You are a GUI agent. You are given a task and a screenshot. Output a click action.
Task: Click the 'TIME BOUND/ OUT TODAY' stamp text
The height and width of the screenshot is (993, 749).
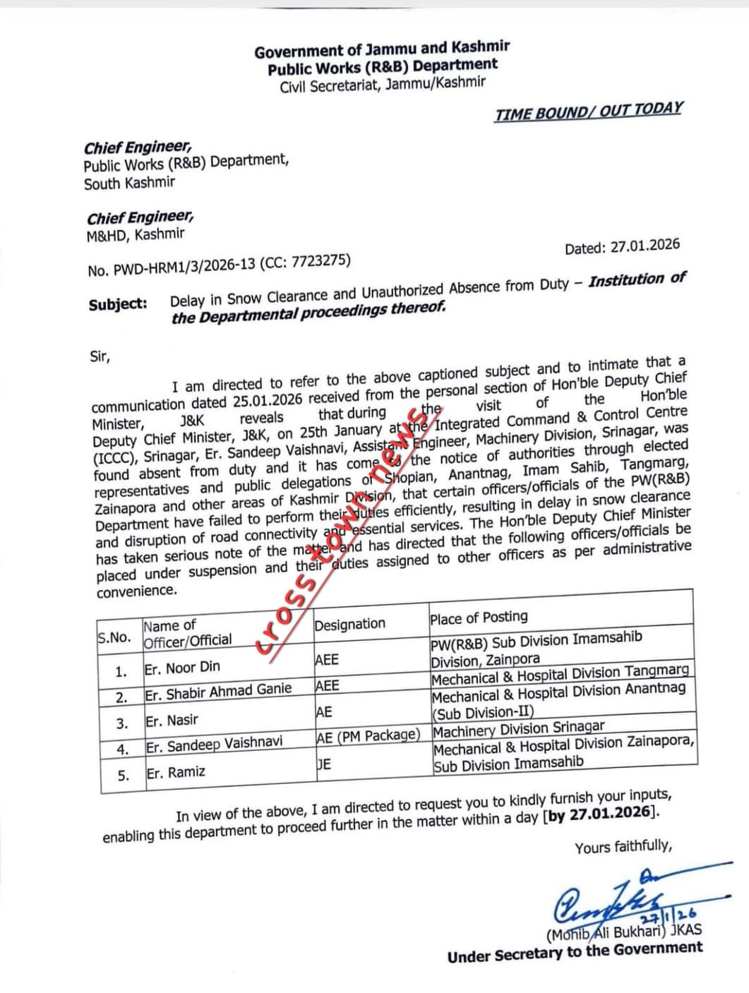(x=589, y=111)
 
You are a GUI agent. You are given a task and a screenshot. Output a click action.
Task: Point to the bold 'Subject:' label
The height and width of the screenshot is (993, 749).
(x=118, y=304)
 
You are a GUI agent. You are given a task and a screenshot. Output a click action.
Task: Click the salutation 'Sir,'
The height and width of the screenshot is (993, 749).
(x=100, y=356)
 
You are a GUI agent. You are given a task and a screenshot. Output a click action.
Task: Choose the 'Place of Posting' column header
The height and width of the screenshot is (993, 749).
(x=479, y=617)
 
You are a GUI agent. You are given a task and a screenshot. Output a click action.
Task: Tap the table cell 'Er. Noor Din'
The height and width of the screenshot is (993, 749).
(x=182, y=667)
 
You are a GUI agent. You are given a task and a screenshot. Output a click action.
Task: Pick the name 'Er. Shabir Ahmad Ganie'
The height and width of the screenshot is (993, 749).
(x=218, y=692)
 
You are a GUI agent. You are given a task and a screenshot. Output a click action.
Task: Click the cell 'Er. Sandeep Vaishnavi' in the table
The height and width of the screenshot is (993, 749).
(x=214, y=744)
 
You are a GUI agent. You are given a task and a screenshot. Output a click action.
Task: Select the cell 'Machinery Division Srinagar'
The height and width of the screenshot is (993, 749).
(x=519, y=728)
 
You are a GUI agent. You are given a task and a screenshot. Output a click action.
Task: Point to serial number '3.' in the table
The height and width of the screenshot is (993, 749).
(x=122, y=723)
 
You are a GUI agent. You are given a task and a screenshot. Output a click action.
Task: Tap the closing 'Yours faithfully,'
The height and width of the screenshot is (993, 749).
(x=623, y=846)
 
